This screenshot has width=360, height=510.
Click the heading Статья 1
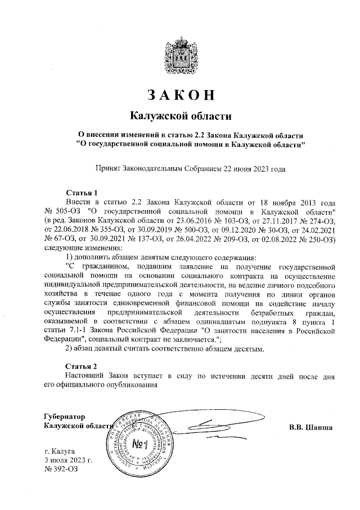point(82,192)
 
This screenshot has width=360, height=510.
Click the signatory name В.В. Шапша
point(310,426)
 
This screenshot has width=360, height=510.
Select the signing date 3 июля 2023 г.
point(68,460)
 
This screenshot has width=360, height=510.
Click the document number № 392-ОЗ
point(60,469)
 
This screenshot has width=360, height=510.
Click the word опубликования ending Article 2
point(124,384)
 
